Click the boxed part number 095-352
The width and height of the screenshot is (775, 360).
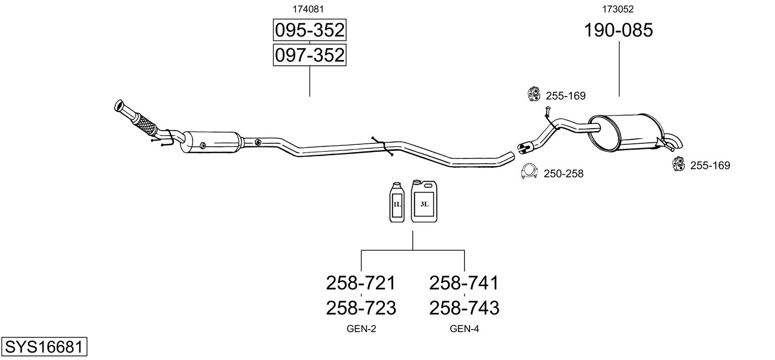pyautogui.click(x=309, y=30)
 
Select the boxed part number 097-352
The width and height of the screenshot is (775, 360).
pyautogui.click(x=309, y=55)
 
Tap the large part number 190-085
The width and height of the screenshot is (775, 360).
pyautogui.click(x=618, y=30)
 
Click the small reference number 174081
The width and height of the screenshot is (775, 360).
pyautogui.click(x=308, y=9)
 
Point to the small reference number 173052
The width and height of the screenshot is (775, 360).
pyautogui.click(x=618, y=9)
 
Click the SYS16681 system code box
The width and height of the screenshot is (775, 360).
pyautogui.click(x=44, y=347)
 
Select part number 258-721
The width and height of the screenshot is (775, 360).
pyautogui.click(x=361, y=283)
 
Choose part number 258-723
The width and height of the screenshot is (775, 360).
pyautogui.click(x=361, y=307)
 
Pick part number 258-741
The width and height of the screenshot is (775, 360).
pyautogui.click(x=464, y=283)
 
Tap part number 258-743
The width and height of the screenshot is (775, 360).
pyautogui.click(x=464, y=307)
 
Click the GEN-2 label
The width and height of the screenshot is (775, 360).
pyautogui.click(x=361, y=329)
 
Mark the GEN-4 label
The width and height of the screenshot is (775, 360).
pyautogui.click(x=464, y=329)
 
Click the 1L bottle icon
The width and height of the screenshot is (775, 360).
pyautogui.click(x=397, y=203)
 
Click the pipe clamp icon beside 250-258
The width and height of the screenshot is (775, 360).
pyautogui.click(x=529, y=172)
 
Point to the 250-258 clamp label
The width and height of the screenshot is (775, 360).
pyautogui.click(x=563, y=174)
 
